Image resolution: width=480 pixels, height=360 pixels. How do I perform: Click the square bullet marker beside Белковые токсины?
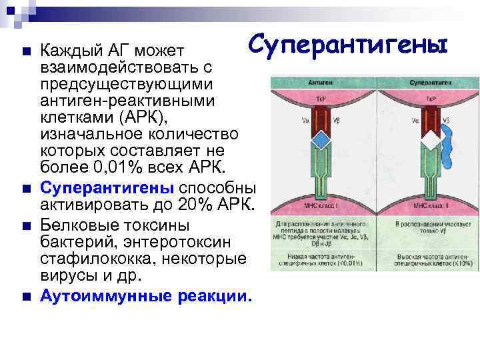pyautogui.click(x=25, y=225)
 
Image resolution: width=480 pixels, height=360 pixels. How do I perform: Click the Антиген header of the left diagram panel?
pyautogui.click(x=319, y=84)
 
